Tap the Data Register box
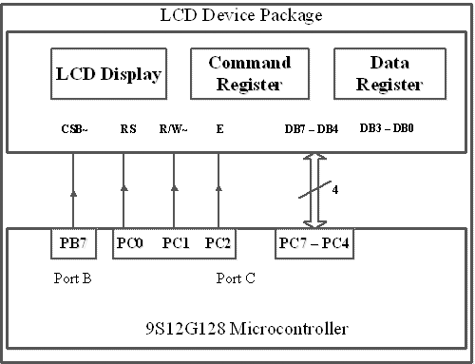point(389,74)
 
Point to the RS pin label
point(128,128)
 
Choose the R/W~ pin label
point(174,128)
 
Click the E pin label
point(219,128)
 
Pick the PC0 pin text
point(131,242)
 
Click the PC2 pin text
point(218,242)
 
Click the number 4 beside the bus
point(336,188)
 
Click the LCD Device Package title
point(237,16)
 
